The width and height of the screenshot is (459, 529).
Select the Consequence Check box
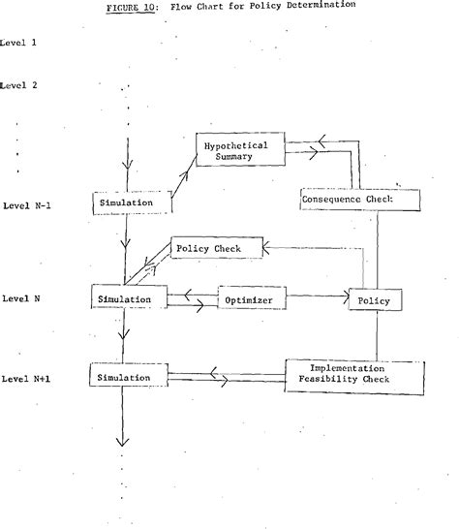360,200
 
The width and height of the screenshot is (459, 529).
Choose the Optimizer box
251,301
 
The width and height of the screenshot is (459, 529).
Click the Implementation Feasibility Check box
352,375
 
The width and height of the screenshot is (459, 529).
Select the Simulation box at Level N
127,300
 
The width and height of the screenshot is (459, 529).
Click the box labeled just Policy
375,301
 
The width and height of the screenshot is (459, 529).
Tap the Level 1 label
19,43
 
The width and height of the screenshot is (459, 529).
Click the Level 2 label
19,85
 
